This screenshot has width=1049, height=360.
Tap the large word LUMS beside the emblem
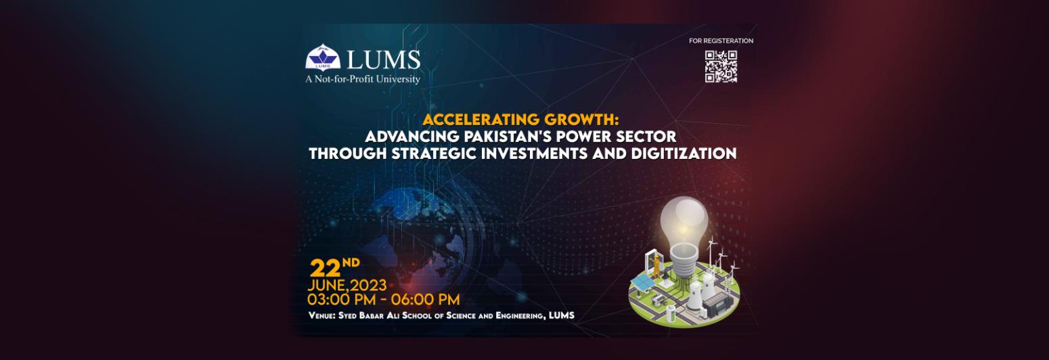tap(384, 60)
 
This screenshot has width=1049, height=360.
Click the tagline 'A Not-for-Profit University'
tap(363, 79)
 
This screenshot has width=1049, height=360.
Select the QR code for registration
tap(721, 66)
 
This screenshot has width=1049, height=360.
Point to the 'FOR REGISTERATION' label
tap(721, 41)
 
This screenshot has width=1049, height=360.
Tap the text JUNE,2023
tap(347, 285)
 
